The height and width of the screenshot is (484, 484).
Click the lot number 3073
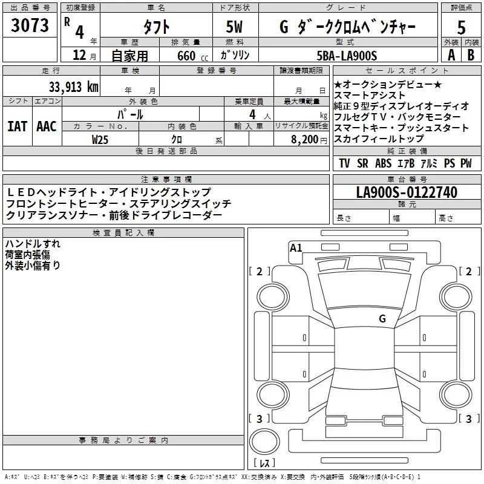[30, 26]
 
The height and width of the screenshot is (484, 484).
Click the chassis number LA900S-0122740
[407, 192]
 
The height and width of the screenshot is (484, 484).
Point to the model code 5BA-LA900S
[347, 56]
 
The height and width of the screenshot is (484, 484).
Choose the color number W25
[100, 139]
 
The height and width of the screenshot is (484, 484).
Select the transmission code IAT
[18, 126]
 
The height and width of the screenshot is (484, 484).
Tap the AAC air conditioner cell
[46, 126]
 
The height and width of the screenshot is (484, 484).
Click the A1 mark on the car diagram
[296, 247]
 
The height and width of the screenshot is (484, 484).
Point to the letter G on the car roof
[382, 318]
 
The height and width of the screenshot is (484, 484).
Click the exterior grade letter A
[451, 56]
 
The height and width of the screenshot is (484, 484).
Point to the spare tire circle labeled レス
[264, 446]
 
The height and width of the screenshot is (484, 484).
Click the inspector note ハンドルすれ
[31, 244]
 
